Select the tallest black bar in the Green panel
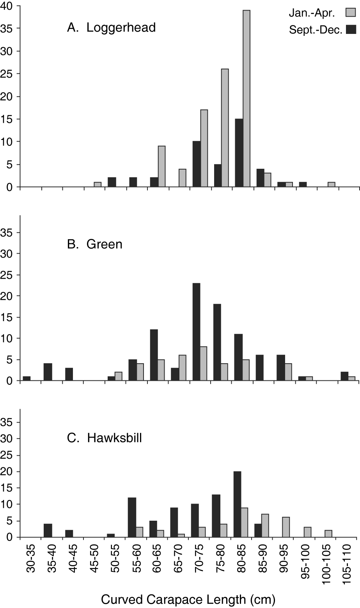(x=196, y=332)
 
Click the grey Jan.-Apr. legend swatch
(x=349, y=13)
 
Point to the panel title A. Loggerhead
(x=112, y=28)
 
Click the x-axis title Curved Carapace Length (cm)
(x=188, y=599)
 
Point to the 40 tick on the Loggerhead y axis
(x=9, y=6)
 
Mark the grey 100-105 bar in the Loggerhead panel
(x=332, y=185)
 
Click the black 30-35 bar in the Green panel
(x=27, y=378)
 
